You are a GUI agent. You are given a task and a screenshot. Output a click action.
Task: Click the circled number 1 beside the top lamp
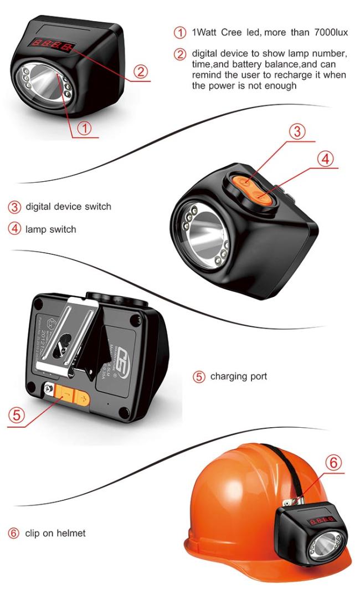84,129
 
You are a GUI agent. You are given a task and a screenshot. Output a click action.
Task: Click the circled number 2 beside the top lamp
141,71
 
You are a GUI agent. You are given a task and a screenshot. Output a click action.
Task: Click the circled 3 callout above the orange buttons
297,131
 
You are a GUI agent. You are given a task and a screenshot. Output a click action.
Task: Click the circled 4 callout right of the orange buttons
326,158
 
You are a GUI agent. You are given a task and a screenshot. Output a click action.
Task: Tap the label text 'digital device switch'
68,207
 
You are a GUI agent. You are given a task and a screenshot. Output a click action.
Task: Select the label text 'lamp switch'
51,229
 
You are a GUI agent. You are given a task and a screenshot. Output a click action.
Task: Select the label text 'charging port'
239,377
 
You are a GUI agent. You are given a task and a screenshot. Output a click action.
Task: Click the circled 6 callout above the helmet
332,462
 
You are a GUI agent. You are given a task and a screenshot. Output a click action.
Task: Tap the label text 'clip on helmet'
55,534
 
